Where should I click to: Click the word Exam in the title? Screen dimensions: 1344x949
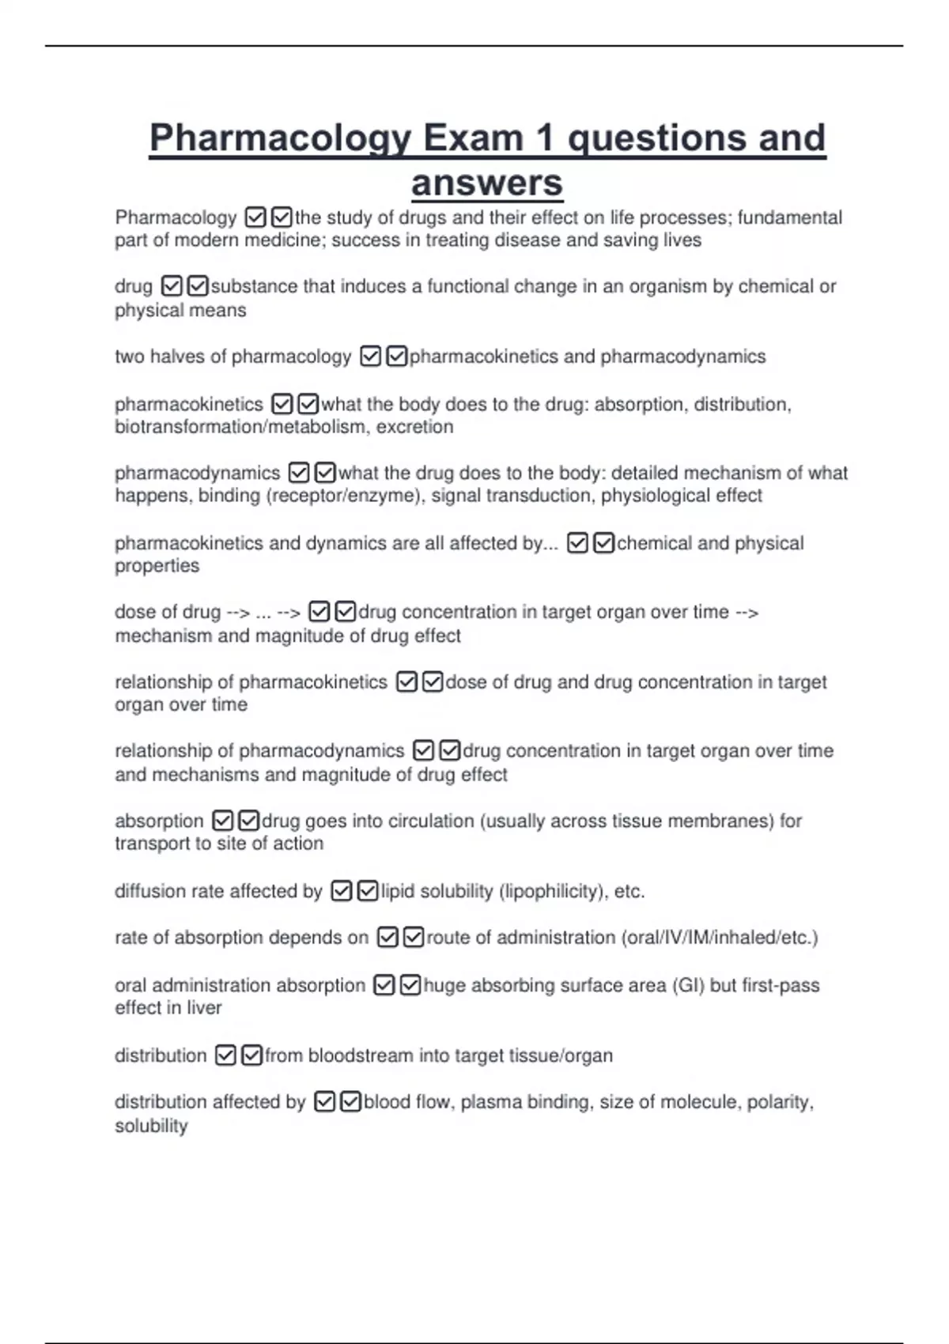pyautogui.click(x=473, y=138)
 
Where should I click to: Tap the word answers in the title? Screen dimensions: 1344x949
pyautogui.click(x=486, y=183)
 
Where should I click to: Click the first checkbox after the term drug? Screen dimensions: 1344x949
pyautogui.click(x=172, y=285)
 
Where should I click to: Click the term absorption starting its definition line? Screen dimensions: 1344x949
pyautogui.click(x=159, y=821)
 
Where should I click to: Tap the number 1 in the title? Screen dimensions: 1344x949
pyautogui.click(x=544, y=138)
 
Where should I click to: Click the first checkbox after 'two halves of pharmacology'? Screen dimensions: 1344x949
pyautogui.click(x=370, y=357)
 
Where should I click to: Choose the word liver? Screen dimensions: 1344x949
pyautogui.click(x=204, y=1008)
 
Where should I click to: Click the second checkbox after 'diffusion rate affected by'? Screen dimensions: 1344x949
pyautogui.click(x=367, y=891)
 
